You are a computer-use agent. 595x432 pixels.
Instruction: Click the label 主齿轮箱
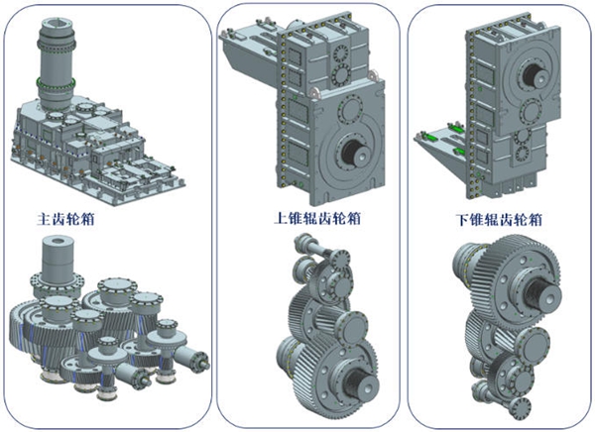(65, 219)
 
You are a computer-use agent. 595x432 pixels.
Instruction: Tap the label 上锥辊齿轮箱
(317, 218)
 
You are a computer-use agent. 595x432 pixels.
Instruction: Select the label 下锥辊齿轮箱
(500, 220)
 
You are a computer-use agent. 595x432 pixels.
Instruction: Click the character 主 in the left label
(44, 219)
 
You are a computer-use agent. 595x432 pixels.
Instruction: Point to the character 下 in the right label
(462, 220)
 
